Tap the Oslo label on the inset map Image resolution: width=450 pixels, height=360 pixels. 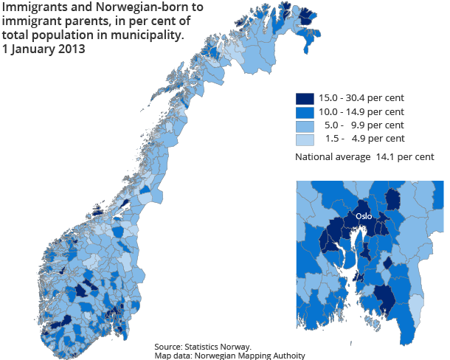click(x=363, y=217)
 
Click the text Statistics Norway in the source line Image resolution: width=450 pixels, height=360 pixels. click(x=219, y=347)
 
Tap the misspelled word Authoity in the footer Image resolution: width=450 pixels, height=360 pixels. click(x=285, y=356)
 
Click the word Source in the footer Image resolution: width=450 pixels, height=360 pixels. click(x=169, y=347)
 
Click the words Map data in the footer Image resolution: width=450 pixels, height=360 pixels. click(x=172, y=356)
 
